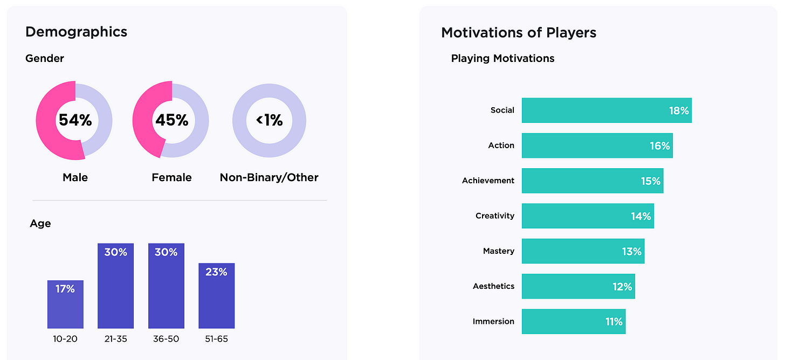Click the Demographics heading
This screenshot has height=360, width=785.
(76, 32)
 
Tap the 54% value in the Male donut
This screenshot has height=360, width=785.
(75, 120)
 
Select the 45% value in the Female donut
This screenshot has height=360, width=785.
(171, 120)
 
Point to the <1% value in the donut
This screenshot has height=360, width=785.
(269, 120)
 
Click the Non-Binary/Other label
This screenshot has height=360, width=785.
(269, 177)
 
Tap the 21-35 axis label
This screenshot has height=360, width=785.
(115, 339)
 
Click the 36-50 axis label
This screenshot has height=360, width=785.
(166, 339)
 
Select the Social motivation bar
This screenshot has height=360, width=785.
(606, 110)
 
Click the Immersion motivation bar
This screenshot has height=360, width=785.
(573, 321)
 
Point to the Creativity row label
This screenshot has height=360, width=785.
(494, 216)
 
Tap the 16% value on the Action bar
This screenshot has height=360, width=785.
(660, 146)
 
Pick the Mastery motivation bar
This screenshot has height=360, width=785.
(583, 251)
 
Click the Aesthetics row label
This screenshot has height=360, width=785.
(493, 286)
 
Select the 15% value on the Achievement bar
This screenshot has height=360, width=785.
(651, 181)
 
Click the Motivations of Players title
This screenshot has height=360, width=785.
(518, 33)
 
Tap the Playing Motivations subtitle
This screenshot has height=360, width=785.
(502, 59)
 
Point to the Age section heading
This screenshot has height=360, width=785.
(40, 224)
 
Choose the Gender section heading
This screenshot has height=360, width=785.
(45, 59)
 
